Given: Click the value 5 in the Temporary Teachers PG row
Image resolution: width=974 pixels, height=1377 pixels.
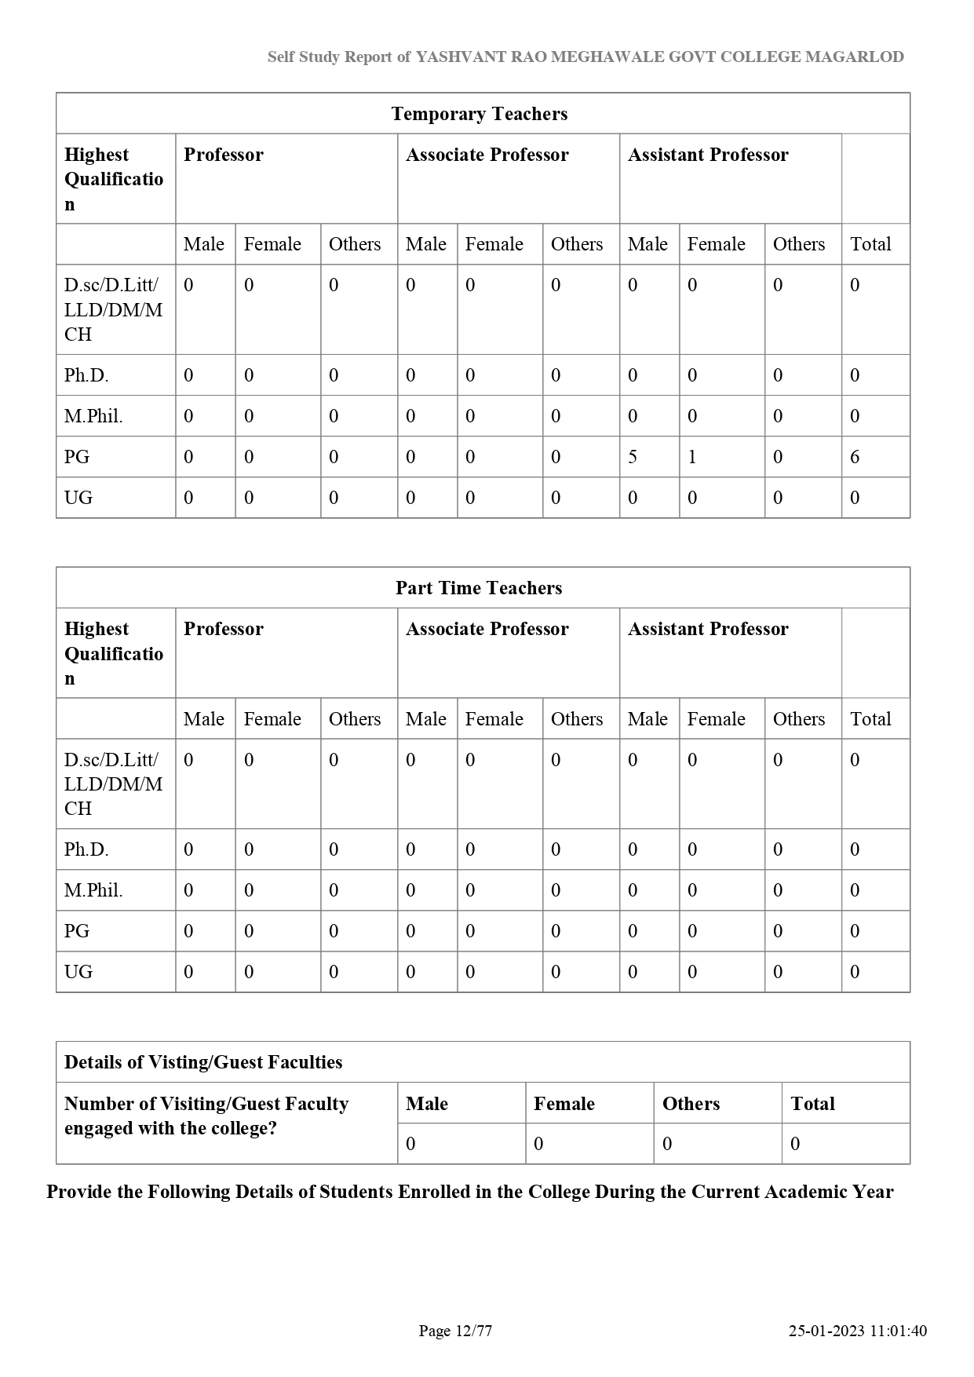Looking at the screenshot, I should (633, 457).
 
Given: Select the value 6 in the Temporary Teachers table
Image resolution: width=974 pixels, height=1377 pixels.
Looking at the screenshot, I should (855, 457).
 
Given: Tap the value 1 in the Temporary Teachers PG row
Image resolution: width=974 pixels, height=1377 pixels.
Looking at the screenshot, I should (692, 457).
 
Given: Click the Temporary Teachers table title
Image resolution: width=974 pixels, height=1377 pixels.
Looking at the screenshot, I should (479, 114).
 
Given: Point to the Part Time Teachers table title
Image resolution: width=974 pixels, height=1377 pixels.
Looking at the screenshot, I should (479, 588).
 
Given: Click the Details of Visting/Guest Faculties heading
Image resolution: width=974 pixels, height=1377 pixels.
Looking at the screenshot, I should (203, 1062).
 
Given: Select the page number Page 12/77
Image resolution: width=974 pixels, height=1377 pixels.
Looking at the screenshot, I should (455, 1331).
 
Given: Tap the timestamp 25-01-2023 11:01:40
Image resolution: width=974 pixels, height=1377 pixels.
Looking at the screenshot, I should (857, 1331).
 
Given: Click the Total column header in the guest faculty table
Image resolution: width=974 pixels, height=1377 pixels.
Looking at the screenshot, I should (812, 1104).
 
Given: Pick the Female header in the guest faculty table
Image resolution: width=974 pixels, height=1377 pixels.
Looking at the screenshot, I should (564, 1104).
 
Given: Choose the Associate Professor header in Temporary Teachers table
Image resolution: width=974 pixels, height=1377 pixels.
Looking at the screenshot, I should (487, 155).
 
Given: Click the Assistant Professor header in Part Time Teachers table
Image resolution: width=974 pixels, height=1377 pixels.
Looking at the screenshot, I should (708, 629).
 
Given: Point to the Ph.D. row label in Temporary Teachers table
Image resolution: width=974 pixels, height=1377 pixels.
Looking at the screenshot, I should (86, 375).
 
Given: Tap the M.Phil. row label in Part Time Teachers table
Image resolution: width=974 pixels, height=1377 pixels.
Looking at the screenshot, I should (93, 890).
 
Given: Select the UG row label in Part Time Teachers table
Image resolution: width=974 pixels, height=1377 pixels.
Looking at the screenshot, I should (78, 972).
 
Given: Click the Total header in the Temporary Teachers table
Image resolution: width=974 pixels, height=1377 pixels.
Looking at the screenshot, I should (870, 244).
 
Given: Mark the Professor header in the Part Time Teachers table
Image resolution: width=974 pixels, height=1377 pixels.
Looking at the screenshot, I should (224, 629).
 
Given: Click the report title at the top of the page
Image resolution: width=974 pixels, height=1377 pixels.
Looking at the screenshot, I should (585, 57).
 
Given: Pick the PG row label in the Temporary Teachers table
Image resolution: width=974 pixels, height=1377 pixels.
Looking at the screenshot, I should (77, 457).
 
